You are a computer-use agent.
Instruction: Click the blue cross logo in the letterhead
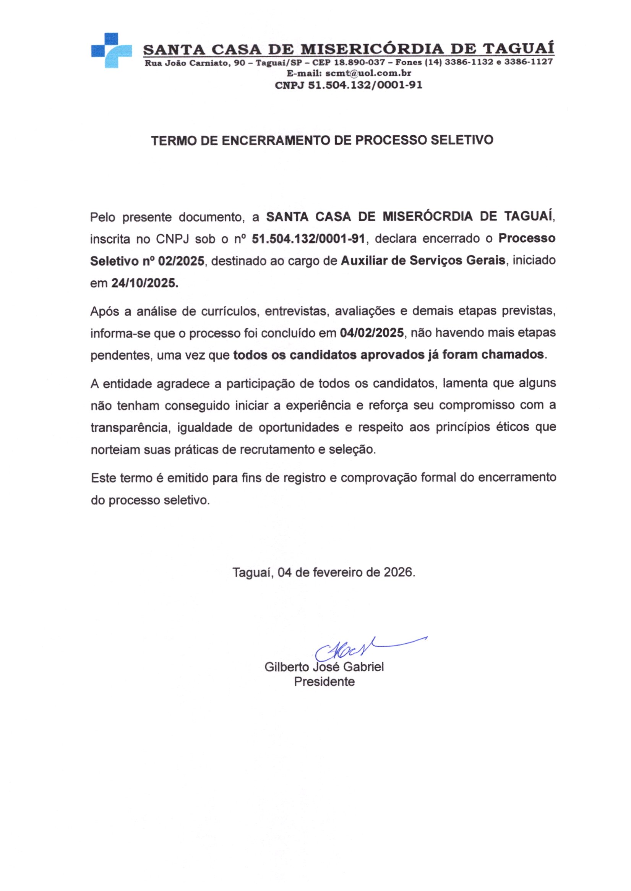111,50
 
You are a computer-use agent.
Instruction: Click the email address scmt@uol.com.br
368,73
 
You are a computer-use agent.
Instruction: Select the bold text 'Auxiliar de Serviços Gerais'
423,260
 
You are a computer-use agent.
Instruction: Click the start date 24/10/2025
145,283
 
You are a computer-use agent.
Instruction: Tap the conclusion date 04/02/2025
372,333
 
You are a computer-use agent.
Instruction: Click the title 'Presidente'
324,682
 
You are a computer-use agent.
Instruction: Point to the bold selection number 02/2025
181,261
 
